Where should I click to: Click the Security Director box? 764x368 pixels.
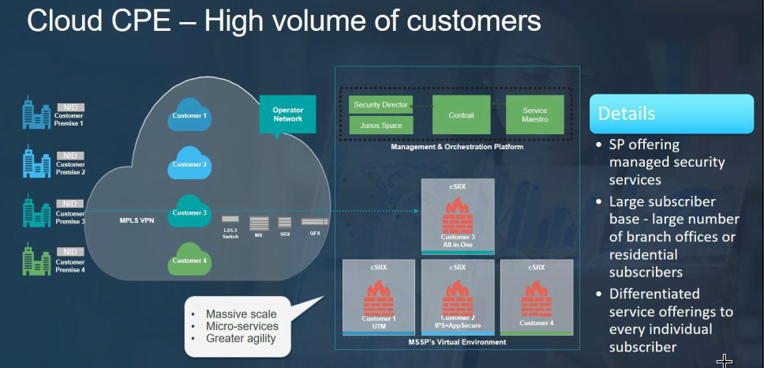[x=381, y=105]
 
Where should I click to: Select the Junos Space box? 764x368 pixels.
[x=381, y=126]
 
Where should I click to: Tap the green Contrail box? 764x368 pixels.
[x=461, y=115]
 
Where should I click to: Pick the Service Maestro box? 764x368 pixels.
[x=534, y=115]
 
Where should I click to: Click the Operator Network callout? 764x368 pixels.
[x=287, y=116]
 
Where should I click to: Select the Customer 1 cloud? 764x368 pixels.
[x=189, y=115]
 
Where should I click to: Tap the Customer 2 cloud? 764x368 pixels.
[x=189, y=163]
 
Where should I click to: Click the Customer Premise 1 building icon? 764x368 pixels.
[x=36, y=113]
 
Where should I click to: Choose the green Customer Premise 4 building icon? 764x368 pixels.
[x=36, y=260]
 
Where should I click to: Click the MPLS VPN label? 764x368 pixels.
[x=137, y=221]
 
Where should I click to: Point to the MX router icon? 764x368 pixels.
[x=259, y=223]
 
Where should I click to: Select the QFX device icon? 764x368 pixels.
[x=315, y=222]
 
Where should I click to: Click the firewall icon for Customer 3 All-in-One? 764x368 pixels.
[x=458, y=216]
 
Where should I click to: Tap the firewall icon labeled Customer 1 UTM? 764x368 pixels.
[x=379, y=298]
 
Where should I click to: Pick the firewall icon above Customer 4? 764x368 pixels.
[x=537, y=299]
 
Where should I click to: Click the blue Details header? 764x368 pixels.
[x=672, y=114]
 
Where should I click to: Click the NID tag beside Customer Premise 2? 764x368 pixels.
[x=70, y=156]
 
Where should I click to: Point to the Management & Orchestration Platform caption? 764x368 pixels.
[x=457, y=147]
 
